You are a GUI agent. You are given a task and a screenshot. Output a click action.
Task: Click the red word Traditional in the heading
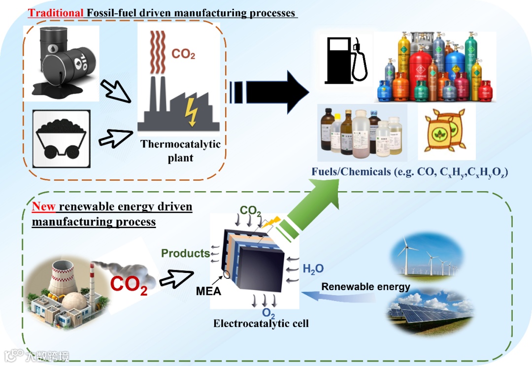pyautogui.click(x=56, y=12)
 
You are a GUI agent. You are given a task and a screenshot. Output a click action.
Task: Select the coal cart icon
pyautogui.click(x=61, y=138)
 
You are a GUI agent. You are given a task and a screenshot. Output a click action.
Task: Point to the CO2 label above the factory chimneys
pyautogui.click(x=183, y=54)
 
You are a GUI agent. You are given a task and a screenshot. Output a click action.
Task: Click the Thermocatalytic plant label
pyautogui.click(x=180, y=151)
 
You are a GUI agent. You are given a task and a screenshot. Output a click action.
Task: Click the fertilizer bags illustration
pyautogui.click(x=445, y=131)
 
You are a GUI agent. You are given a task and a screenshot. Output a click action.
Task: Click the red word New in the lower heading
pyautogui.click(x=43, y=206)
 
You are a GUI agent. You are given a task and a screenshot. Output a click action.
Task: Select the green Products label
pyautogui.click(x=186, y=253)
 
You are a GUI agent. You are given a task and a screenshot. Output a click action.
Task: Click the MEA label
pyautogui.click(x=208, y=291)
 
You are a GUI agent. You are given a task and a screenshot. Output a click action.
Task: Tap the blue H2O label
pyautogui.click(x=313, y=269)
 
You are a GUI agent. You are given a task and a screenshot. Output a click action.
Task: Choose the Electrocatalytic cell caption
pyautogui.click(x=261, y=324)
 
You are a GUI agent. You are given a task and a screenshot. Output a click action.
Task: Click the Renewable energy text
pyautogui.click(x=366, y=287)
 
